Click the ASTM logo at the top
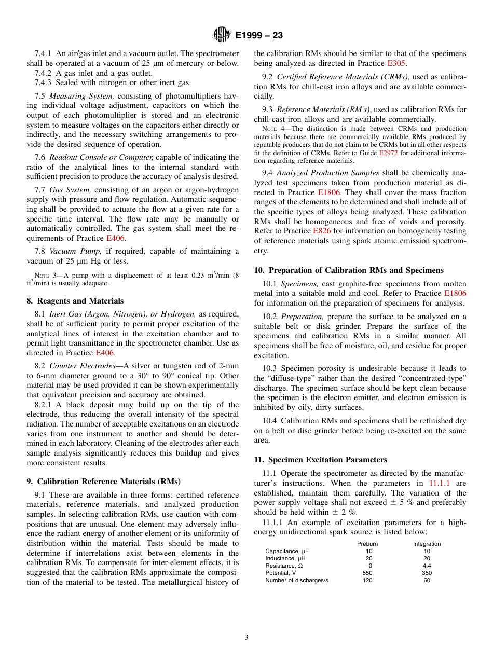coord(222,35)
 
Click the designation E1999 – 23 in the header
coord(259,36)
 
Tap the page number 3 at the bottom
coord(246,637)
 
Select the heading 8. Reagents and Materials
coord(75,301)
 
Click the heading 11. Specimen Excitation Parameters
coord(321,460)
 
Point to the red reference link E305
coord(396,63)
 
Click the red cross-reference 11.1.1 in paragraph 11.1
coord(440,483)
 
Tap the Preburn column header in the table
coord(367,544)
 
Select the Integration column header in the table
coord(427,544)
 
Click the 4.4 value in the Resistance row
coord(427,566)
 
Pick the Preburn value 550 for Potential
coord(367,573)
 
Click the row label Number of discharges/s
coord(297,580)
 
